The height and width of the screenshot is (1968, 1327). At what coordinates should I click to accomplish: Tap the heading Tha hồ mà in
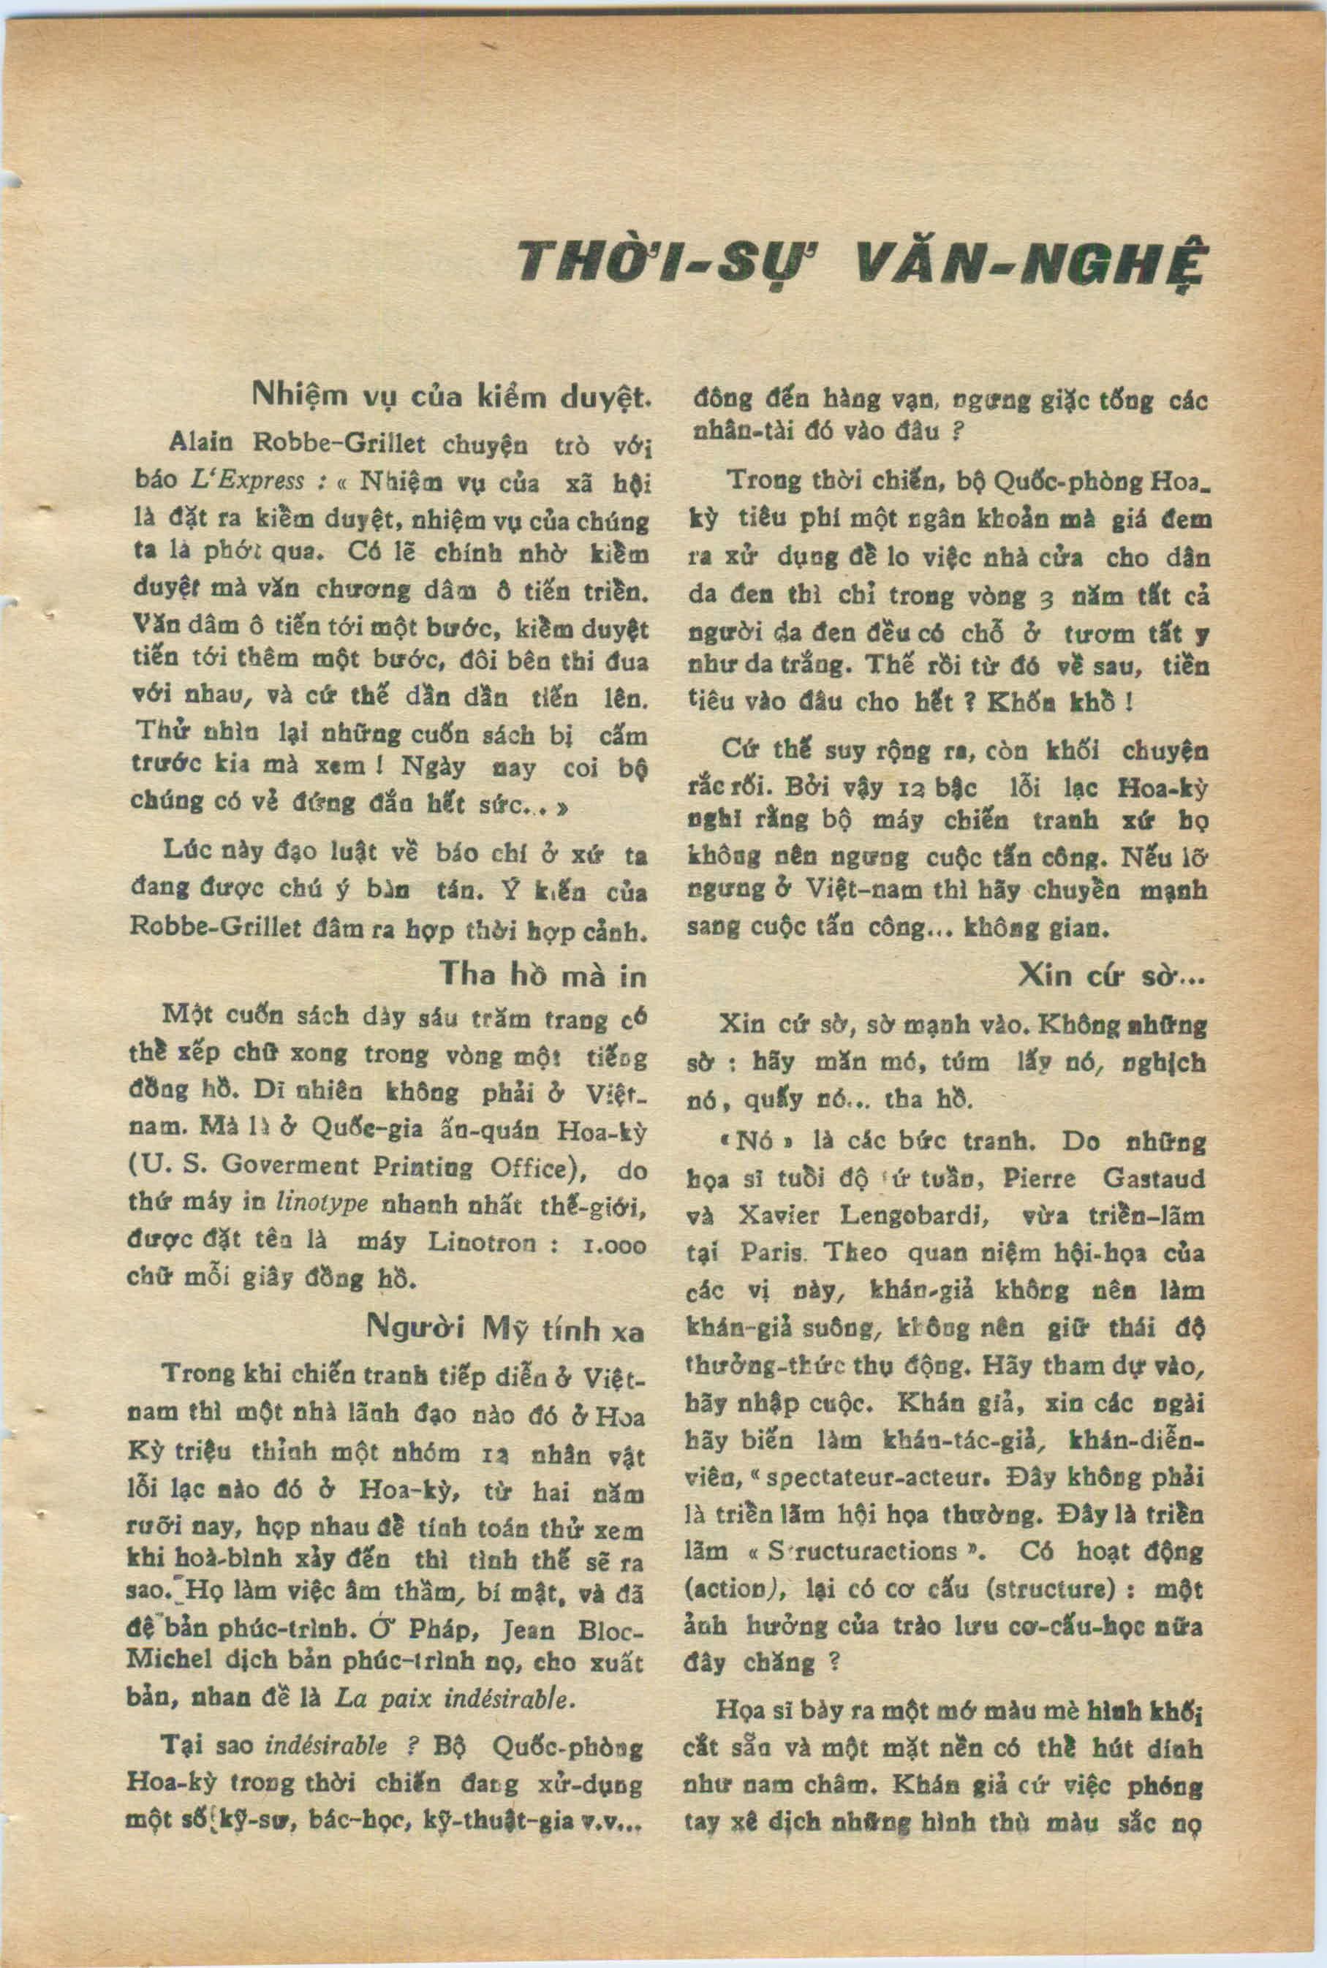tap(542, 975)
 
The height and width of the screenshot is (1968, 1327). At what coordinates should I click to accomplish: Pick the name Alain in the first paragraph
tap(197, 442)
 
